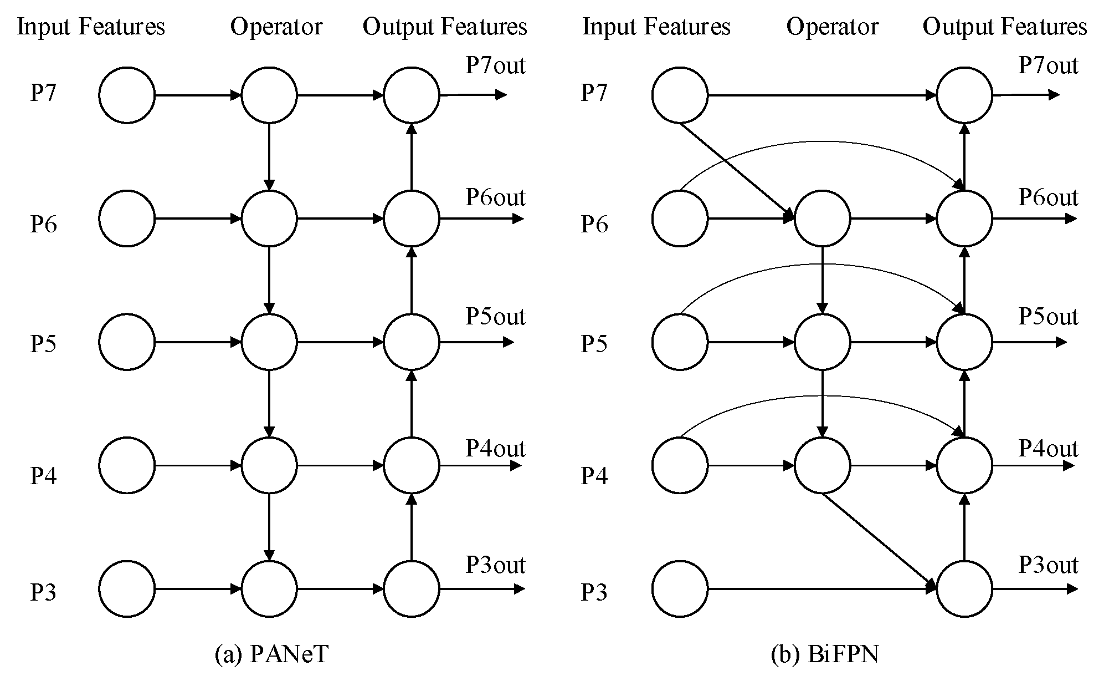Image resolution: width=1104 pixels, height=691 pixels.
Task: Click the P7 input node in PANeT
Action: pyautogui.click(x=127, y=95)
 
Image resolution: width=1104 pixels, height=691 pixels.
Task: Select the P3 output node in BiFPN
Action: pyautogui.click(x=964, y=588)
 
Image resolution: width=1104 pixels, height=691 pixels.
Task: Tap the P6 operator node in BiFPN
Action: pyautogui.click(x=822, y=219)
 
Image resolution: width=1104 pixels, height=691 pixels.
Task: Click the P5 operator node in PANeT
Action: pyautogui.click(x=269, y=342)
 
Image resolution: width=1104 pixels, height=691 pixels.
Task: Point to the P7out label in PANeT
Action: pyautogui.click(x=495, y=65)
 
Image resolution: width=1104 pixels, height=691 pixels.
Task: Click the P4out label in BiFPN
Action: pyautogui.click(x=1047, y=448)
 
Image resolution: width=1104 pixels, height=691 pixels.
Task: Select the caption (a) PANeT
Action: pyautogui.click(x=271, y=654)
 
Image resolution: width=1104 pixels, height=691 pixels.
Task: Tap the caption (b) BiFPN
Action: pyautogui.click(x=824, y=654)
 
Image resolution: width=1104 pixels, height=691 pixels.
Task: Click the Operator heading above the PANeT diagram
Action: pyautogui.click(x=276, y=27)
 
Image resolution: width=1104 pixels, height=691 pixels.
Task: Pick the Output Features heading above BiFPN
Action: pyautogui.click(x=1004, y=27)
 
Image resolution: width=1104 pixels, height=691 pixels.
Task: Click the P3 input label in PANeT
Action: pyautogui.click(x=43, y=592)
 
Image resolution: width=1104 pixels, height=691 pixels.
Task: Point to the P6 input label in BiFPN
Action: pyautogui.click(x=594, y=223)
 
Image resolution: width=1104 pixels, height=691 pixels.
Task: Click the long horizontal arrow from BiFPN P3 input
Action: pyautogui.click(x=820, y=588)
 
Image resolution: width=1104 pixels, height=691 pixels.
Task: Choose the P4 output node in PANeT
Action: pyautogui.click(x=411, y=465)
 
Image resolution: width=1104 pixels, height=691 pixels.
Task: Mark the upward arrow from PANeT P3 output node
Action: pyautogui.click(x=411, y=527)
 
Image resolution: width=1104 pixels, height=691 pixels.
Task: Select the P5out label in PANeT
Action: pyautogui.click(x=495, y=317)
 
